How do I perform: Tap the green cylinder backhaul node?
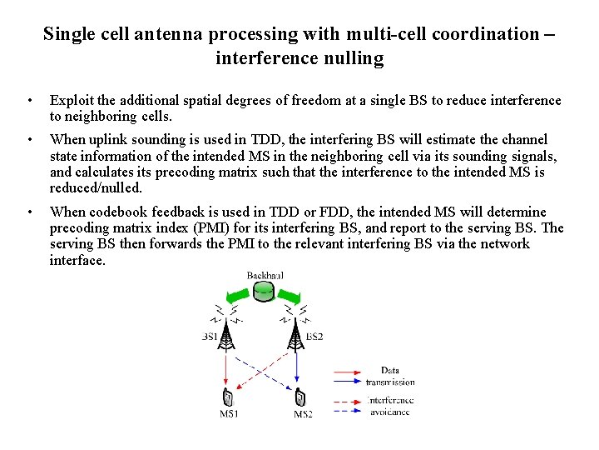[264, 290]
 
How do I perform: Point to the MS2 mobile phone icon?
[300, 398]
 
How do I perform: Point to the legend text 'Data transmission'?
[390, 376]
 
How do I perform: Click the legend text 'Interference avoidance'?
[390, 406]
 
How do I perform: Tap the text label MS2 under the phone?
[303, 414]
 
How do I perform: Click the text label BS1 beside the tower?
[210, 337]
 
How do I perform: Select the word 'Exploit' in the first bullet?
[72, 101]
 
